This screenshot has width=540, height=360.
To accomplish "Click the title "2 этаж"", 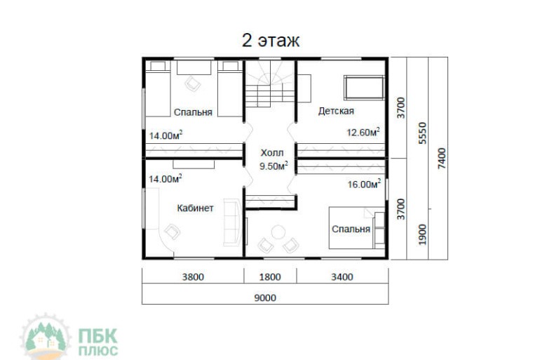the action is coord(271,41).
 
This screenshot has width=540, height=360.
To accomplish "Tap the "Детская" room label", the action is coord(336,111).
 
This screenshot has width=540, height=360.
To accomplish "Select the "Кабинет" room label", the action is coord(195,208).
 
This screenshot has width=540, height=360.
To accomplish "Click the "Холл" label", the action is coord(272,152).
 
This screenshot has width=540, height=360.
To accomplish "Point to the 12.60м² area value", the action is coord(363,132).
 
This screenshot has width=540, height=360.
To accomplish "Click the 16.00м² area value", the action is coord(364,184).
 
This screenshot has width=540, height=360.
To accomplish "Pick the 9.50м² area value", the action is coord(274,166).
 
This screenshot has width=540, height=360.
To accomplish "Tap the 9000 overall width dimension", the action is coord(265,298).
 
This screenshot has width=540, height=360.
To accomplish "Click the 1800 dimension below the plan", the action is coord(270,277).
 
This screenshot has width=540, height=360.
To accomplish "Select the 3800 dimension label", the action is coord(193,277).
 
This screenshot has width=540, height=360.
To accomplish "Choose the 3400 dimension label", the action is coord(342,277).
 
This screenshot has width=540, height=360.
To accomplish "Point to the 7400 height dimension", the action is coord(442,159).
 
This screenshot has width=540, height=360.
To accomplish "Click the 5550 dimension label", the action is coord(422,133).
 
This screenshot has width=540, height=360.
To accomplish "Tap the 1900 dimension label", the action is coord(422,234).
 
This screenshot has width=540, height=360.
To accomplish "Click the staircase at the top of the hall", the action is coord(270,84).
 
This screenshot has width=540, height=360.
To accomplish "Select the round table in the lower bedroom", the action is coord(278,232).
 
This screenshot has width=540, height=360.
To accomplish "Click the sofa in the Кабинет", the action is coord(233,222).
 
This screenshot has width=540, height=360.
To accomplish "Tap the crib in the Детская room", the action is coord(364,88).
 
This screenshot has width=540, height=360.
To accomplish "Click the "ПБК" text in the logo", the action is coord(97,336).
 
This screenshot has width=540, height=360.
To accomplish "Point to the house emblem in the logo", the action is coord(45,337).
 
